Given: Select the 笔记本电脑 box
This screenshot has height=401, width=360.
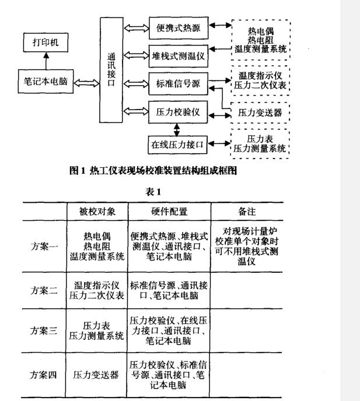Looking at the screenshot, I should (46, 81).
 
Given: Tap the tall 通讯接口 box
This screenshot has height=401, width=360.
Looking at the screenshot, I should (111, 70).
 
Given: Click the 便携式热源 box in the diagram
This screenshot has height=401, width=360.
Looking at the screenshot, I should (177, 27).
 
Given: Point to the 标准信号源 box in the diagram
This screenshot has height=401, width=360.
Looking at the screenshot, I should (177, 83).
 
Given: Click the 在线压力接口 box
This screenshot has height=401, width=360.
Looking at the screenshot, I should (178, 145).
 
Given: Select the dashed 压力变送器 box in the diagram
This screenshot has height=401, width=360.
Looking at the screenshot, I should (260, 112).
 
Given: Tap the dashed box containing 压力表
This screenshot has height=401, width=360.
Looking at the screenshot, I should (260, 144).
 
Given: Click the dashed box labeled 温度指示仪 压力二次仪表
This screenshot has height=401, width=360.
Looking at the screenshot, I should (260, 80).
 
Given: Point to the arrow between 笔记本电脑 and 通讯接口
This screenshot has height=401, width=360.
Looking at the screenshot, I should (86, 82).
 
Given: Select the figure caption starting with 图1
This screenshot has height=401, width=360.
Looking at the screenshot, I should (153, 170).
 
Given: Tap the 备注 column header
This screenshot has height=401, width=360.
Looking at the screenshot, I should (247, 211).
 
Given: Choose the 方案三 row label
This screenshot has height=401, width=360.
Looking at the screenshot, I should (44, 330).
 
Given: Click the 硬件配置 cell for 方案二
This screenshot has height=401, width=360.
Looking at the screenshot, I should (169, 290).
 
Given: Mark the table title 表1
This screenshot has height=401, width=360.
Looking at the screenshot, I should (153, 191).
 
